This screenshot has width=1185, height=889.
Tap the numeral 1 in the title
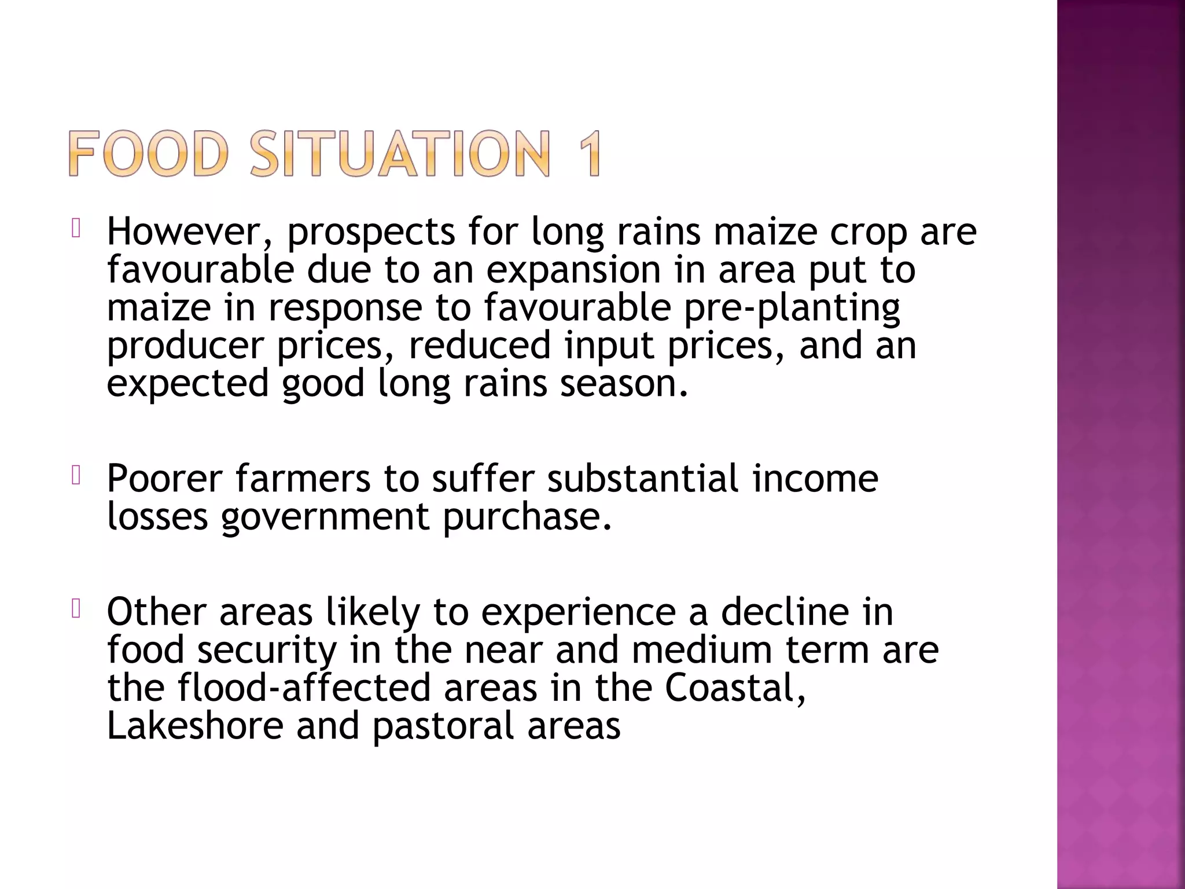pyautogui.click(x=586, y=153)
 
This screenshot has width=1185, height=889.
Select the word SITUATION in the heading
pyautogui.click(x=400, y=153)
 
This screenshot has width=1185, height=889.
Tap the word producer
pyautogui.click(x=185, y=346)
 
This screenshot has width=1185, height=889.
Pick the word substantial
pyautogui.click(x=643, y=479)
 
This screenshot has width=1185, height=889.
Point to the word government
pyautogui.click(x=325, y=517)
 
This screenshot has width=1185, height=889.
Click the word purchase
pyautogui.click(x=527, y=517)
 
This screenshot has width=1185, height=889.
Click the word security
pyautogui.click(x=267, y=651)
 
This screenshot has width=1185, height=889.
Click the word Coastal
pyautogui.click(x=735, y=688)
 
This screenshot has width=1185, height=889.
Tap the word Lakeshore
pyautogui.click(x=195, y=726)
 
